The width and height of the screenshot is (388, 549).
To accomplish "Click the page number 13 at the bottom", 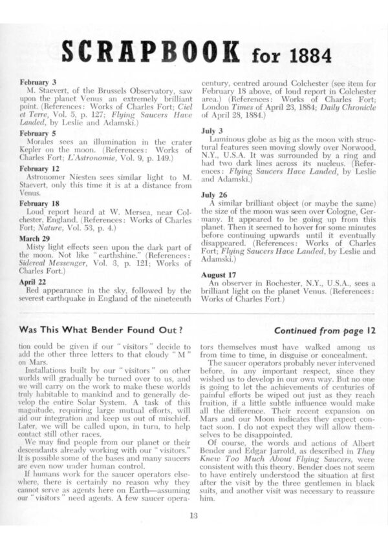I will (x=193, y=514).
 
